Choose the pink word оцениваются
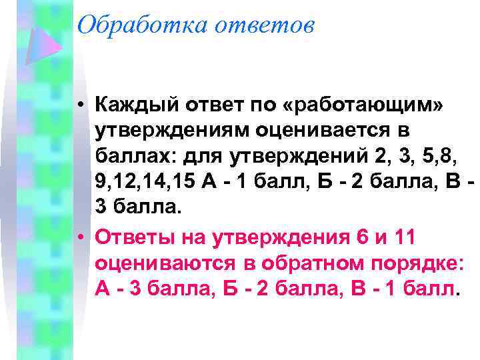tap(165, 262)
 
